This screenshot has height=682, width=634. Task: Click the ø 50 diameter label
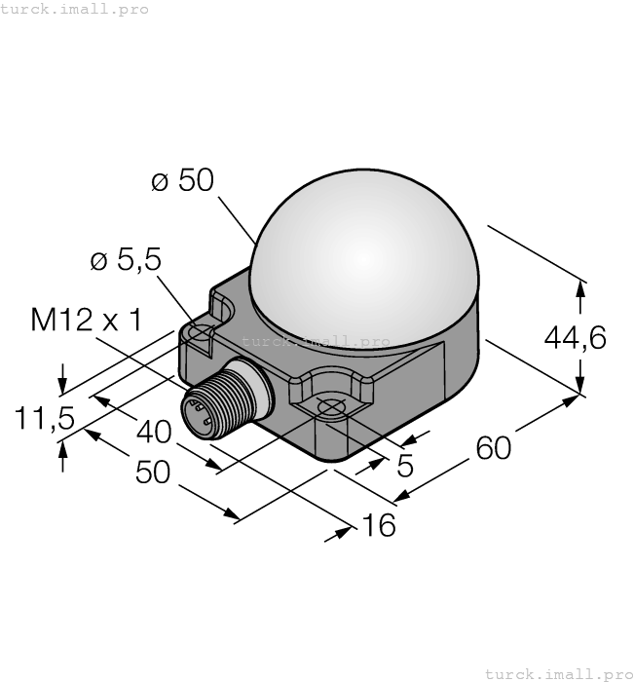182,181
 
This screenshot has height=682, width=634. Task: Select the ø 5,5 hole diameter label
126,260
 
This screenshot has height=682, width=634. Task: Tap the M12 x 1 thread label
87,320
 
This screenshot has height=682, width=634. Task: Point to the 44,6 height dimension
575,337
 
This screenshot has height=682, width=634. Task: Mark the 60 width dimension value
493,447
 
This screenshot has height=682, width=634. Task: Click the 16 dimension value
378,526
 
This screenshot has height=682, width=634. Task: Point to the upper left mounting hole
202,333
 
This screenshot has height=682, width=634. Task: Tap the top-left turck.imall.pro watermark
75,9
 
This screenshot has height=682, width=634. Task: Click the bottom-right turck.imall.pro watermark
558,673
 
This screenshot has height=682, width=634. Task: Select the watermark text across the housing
316,342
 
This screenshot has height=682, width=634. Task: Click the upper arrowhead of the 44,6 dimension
581,287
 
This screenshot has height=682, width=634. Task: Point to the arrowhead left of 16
345,531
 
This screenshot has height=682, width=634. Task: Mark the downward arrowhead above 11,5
63,381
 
